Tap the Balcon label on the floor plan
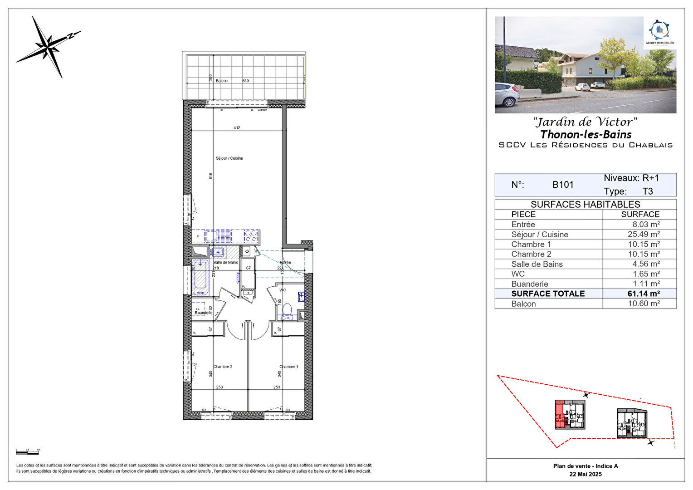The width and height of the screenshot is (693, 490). (222, 81)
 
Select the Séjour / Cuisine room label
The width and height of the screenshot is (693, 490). (229, 158)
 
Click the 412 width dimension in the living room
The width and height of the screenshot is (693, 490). (237, 128)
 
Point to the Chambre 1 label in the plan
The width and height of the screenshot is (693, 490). (289, 367)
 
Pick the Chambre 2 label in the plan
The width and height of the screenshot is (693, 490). (223, 367)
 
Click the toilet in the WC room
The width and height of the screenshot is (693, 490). (287, 311)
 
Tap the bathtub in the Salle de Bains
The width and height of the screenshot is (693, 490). (200, 277)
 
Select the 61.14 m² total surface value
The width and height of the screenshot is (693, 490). (643, 294)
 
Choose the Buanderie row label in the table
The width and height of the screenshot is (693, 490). (529, 284)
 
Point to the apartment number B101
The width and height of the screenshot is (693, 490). (563, 185)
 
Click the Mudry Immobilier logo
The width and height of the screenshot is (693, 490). (659, 32)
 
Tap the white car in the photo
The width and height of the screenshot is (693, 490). (507, 95)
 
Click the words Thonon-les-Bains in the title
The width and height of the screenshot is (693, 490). (586, 134)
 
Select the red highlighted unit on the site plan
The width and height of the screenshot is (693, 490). (560, 415)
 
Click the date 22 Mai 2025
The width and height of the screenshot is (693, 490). (586, 474)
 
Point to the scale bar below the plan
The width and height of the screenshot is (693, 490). (28, 452)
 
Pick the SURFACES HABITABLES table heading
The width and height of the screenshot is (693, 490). (585, 204)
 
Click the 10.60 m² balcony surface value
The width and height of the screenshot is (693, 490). (644, 304)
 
